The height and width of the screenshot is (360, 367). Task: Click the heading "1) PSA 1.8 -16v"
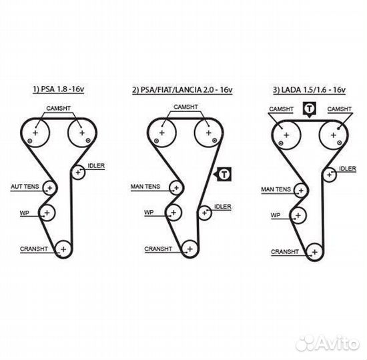[x=58, y=89]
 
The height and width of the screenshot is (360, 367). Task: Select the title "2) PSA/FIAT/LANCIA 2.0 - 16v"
[x=182, y=90]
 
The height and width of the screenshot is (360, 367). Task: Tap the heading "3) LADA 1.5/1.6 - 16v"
[x=309, y=90]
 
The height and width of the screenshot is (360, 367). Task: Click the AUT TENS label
[x=25, y=187]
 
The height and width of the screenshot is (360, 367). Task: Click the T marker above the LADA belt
[x=310, y=109]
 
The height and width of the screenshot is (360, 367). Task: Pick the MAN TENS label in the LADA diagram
[x=276, y=189]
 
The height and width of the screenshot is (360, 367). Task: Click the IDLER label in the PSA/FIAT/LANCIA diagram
[x=223, y=207]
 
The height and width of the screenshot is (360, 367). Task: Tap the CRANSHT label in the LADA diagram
[x=285, y=252]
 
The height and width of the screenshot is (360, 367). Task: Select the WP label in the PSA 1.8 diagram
[x=25, y=213]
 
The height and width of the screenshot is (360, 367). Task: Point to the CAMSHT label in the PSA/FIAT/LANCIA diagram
[x=186, y=107]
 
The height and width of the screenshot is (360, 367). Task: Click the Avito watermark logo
[x=328, y=343]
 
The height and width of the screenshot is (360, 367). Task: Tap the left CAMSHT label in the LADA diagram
[x=281, y=109]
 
